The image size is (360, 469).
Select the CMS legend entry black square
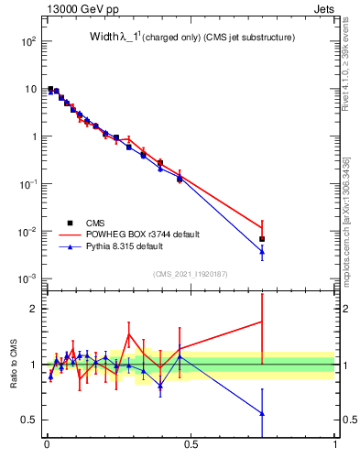pyautogui.click(x=71, y=222)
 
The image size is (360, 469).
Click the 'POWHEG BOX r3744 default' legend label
pyautogui.click(x=147, y=234)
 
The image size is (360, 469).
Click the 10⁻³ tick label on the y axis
pyautogui.click(x=27, y=278)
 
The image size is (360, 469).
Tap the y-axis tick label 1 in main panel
pyautogui.click(x=32, y=136)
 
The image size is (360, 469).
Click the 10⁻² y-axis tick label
pyautogui.click(x=27, y=231)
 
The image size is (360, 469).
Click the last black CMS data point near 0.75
pyautogui.click(x=262, y=239)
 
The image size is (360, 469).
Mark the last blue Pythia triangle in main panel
pyautogui.click(x=262, y=251)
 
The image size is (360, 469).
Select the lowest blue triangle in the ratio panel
pyautogui.click(x=262, y=413)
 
